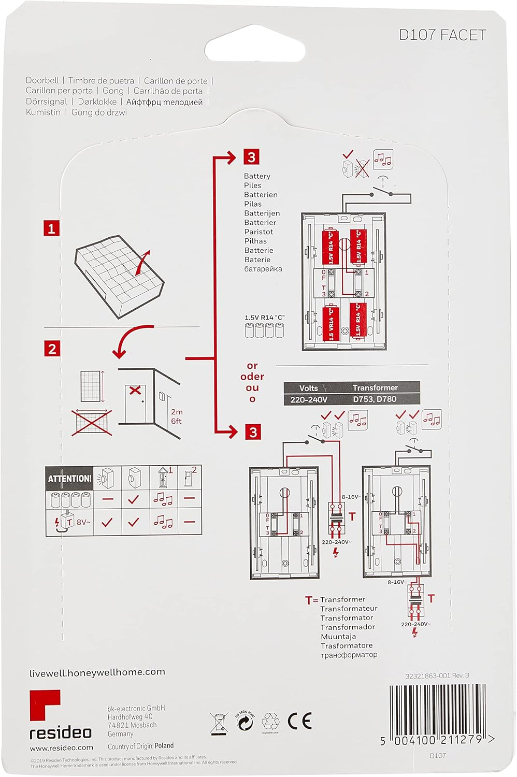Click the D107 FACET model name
tap(442, 35)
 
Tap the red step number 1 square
tap(51, 228)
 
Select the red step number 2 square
tap(52, 349)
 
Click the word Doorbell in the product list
tap(42, 80)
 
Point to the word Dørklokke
tap(97, 102)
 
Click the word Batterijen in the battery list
tap(262, 213)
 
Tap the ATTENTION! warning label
tap(69, 479)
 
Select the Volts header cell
tap(309, 387)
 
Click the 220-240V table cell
tap(309, 399)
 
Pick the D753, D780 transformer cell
tap(375, 399)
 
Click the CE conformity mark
tap(299, 721)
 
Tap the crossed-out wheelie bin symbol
tap(219, 723)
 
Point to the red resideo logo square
tap(45, 706)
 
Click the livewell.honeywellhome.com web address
tap(97, 672)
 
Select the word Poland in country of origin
tap(164, 745)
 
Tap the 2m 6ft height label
tap(177, 416)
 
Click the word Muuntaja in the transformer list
tap(338, 636)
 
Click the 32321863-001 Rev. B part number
tap(437, 675)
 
